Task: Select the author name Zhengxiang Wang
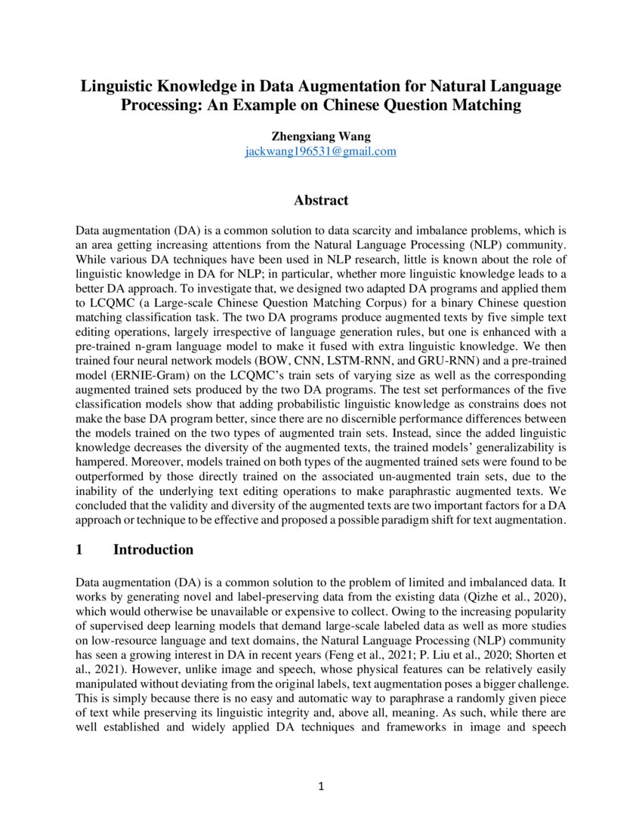point(320,137)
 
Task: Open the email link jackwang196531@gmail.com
point(320,151)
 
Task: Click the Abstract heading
point(321,200)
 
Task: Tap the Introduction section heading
point(153,549)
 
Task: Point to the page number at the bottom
point(321,787)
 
